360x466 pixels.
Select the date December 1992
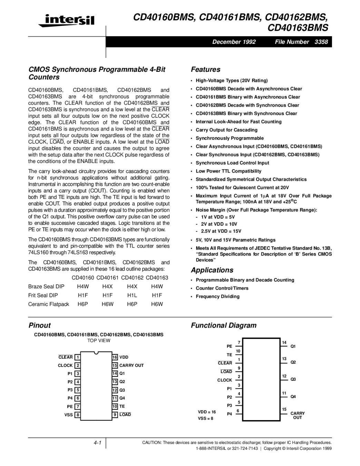(x=234, y=42)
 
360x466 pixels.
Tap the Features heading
(x=205, y=69)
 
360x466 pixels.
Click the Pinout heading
(x=39, y=325)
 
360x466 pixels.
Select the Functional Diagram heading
(x=224, y=325)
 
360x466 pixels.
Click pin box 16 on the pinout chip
(x=115, y=357)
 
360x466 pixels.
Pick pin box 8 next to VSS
(x=78, y=415)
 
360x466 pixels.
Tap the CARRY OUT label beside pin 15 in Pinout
(x=132, y=365)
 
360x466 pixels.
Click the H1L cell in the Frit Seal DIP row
(x=132, y=295)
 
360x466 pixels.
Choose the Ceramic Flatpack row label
(x=49, y=304)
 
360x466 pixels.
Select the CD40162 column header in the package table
(x=132, y=278)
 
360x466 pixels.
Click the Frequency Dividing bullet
(x=217, y=297)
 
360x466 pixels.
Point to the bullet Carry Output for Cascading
(x=226, y=130)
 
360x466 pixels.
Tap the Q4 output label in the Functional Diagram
(x=293, y=397)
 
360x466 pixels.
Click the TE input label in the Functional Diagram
(x=229, y=355)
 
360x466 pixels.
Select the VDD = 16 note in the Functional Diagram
(x=207, y=412)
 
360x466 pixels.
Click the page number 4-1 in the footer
(x=97, y=443)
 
